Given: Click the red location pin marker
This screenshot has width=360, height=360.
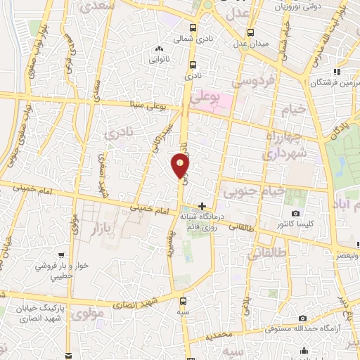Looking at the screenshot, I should pos(181,166).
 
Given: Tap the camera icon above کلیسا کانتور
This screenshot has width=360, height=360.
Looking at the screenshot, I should pos(295,213).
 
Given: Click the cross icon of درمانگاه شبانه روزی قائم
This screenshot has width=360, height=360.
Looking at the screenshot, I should pos(202,206).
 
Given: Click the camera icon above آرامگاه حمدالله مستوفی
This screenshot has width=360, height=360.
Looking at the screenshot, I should pos(302,318).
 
